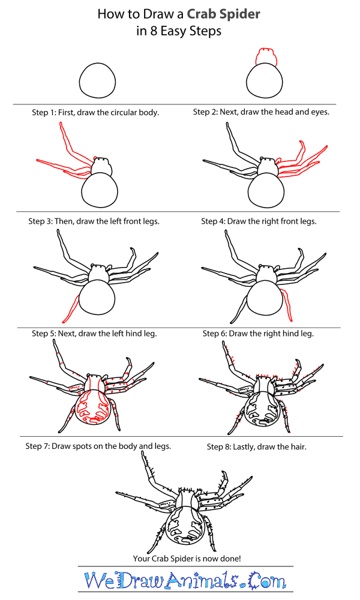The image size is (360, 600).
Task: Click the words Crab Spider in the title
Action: pos(223,14)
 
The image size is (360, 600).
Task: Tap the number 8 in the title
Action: pos(154,31)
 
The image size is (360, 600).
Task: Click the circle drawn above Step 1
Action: pos(98,81)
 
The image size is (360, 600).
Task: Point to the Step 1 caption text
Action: pos(95,113)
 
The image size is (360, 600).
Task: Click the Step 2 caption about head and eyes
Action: pos(261,112)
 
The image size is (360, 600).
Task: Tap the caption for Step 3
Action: pos(94,221)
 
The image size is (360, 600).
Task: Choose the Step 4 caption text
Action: pos(259,221)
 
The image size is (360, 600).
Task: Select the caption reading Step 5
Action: pos(94,333)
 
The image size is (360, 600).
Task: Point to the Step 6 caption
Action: pos(258,333)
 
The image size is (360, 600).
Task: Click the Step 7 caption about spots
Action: pos(98,446)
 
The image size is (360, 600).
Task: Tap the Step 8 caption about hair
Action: pos(257,446)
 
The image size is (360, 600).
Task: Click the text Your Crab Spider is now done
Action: pos(187,559)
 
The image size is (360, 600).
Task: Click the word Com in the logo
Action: pos(267,581)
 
